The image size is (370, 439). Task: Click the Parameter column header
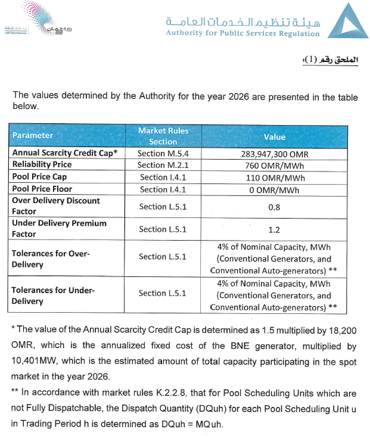[33, 135]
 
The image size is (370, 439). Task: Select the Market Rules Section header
[163, 136]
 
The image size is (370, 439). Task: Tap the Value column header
[275, 136]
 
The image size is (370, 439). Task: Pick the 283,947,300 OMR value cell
[274, 153]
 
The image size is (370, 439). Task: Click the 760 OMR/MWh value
[274, 165]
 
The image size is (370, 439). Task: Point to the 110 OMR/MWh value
[274, 178]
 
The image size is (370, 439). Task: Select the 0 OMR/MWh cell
[274, 189]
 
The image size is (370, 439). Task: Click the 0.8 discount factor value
[274, 207]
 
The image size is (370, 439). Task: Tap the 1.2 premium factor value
[274, 229]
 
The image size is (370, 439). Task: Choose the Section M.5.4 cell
[163, 153]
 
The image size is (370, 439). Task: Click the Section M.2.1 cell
[163, 165]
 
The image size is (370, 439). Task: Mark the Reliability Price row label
[42, 164]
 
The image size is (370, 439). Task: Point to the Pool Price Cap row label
[39, 177]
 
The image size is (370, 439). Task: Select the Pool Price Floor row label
[42, 189]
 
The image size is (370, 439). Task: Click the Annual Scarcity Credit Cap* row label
[65, 152]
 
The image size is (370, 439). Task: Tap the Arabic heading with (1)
[331, 61]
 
